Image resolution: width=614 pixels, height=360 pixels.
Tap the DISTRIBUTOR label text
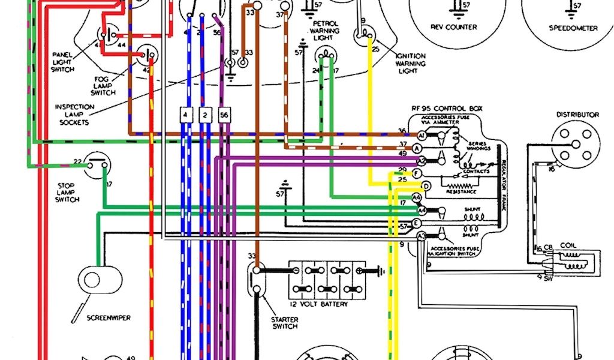point(577,115)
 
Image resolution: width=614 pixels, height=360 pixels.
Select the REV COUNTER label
point(454,27)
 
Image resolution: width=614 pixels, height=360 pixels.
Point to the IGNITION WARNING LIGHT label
point(411,64)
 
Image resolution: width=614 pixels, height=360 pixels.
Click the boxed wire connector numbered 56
point(224,115)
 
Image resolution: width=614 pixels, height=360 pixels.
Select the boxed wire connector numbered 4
point(186,115)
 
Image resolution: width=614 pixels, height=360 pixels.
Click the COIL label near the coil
point(568,245)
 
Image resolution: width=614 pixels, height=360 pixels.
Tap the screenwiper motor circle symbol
point(92,280)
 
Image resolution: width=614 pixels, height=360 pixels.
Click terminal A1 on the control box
point(422,136)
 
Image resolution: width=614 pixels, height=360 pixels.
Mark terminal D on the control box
point(426,185)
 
